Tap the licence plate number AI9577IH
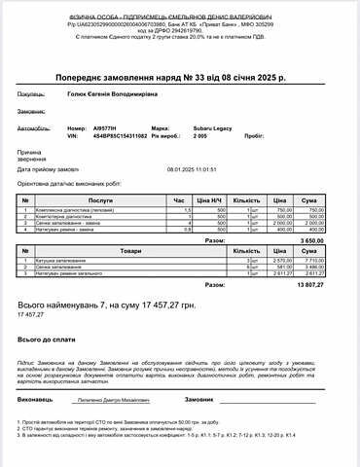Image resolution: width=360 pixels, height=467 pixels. [105, 127]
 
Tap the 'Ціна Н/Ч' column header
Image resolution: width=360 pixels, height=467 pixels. [205, 199]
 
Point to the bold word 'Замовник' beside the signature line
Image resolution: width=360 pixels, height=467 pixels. [198, 399]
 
